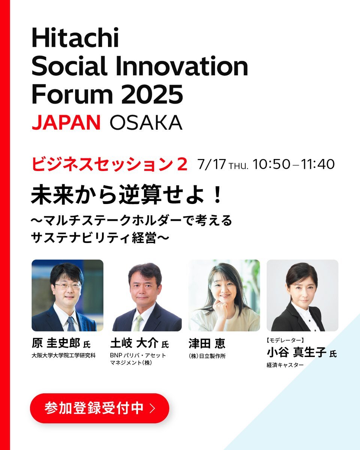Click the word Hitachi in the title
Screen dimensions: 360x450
pyautogui.click(x=75, y=38)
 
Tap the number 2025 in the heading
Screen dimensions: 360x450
pyautogui.click(x=152, y=94)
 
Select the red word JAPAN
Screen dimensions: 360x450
pyautogui.click(x=66, y=122)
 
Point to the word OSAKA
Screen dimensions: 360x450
pyautogui.click(x=146, y=122)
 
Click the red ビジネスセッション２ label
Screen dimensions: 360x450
pyautogui.click(x=109, y=164)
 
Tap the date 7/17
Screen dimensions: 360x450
pyautogui.click(x=212, y=164)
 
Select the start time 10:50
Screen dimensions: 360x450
pyautogui.click(x=271, y=164)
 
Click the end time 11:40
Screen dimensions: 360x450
pyautogui.click(x=318, y=164)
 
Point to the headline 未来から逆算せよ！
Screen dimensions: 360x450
pyautogui.click(x=126, y=195)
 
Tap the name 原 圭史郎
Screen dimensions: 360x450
pyautogui.click(x=56, y=343)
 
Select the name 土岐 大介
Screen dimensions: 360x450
pyautogui.click(x=134, y=343)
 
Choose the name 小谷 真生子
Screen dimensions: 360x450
pyautogui.click(x=296, y=352)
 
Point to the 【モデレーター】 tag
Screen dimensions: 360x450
pyautogui.click(x=285, y=340)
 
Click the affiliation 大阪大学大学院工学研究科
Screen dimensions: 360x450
pyautogui.click(x=64, y=355)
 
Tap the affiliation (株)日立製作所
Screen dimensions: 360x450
pyautogui.click(x=207, y=356)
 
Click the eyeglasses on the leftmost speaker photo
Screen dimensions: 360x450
pyautogui.click(x=67, y=285)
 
